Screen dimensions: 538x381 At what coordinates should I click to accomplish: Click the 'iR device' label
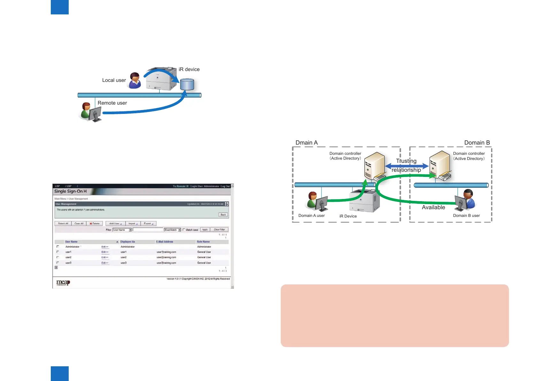click(x=189, y=69)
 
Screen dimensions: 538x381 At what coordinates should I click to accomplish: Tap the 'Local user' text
click(x=114, y=80)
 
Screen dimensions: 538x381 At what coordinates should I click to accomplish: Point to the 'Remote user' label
click(x=112, y=103)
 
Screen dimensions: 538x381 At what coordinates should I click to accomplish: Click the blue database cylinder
click(x=187, y=84)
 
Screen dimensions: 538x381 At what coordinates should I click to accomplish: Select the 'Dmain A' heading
click(x=306, y=143)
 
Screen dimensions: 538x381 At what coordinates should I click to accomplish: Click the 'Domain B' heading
click(x=477, y=143)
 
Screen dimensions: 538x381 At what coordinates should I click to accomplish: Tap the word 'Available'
click(x=433, y=207)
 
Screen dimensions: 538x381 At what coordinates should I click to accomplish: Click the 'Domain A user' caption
click(x=311, y=216)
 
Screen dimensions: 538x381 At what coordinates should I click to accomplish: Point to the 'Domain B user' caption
click(x=466, y=216)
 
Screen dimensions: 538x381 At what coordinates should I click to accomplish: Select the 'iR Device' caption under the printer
click(x=348, y=216)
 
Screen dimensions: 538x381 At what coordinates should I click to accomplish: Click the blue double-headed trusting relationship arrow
click(x=406, y=166)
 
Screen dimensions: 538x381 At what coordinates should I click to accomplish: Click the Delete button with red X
click(x=95, y=224)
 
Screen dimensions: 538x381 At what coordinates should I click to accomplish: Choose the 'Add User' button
click(x=115, y=224)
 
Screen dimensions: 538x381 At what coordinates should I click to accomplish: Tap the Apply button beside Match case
click(x=205, y=230)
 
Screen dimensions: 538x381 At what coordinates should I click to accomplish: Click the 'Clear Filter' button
click(x=219, y=230)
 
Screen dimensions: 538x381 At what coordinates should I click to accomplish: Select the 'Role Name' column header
click(x=203, y=242)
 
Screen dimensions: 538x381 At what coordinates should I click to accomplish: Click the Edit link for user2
click(x=105, y=258)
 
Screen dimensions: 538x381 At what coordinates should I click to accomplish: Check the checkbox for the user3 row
click(x=58, y=263)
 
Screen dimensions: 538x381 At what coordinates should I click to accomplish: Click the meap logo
click(x=63, y=282)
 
